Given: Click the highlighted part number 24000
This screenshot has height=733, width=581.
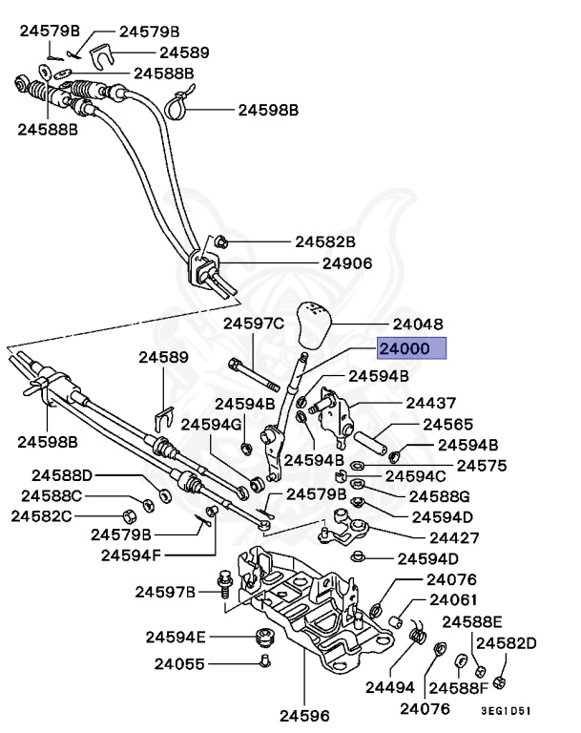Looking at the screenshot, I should tap(411, 349).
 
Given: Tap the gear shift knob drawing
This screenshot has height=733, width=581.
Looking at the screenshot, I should tap(315, 328).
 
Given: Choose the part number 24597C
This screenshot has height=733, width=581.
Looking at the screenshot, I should tap(254, 325).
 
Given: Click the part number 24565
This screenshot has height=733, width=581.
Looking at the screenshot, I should tap(448, 424).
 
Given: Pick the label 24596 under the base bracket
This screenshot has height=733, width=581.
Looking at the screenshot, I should tap(303, 713).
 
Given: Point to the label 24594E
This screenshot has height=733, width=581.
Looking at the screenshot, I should tap(176, 636).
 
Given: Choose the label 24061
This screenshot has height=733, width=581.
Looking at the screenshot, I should tap(454, 600).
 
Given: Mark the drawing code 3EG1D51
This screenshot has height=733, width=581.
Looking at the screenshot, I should tap(505, 710).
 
